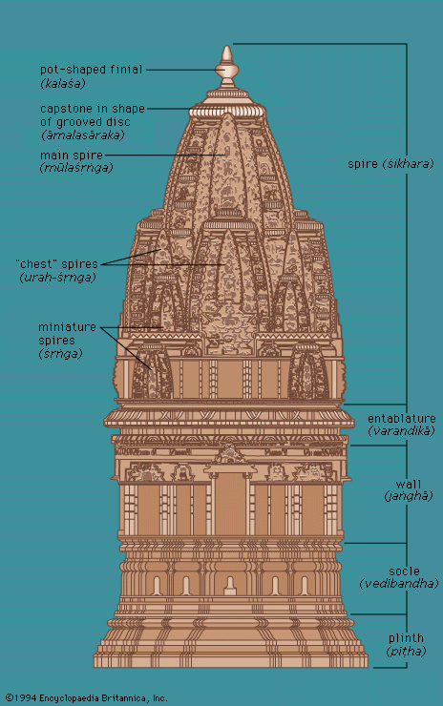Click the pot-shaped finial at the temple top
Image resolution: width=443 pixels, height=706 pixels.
226,68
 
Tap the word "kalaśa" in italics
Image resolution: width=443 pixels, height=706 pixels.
63,84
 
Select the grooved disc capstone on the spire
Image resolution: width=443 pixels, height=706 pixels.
226,110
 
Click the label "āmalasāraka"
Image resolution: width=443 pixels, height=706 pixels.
83,135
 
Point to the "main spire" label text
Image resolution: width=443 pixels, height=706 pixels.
72,156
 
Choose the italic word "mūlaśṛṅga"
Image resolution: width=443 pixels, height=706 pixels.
76,168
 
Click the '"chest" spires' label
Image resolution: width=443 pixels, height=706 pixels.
56,264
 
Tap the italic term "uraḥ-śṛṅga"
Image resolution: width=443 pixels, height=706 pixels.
57,278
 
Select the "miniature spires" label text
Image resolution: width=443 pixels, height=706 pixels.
67,334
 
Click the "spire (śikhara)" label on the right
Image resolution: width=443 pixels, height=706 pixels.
390,164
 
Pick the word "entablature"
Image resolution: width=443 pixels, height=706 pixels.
402,419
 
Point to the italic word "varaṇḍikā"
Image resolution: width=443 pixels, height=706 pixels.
402,431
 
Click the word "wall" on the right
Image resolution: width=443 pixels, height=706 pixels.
409,485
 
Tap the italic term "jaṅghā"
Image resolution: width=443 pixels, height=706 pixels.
409,497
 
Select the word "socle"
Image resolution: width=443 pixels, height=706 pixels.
404,571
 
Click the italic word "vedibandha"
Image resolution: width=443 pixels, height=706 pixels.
399,584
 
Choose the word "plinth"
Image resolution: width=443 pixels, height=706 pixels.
406,638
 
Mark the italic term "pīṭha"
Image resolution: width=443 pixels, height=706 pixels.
406,651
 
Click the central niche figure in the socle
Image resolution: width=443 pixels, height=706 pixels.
230,586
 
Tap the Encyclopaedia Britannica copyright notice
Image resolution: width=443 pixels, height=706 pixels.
87,698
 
